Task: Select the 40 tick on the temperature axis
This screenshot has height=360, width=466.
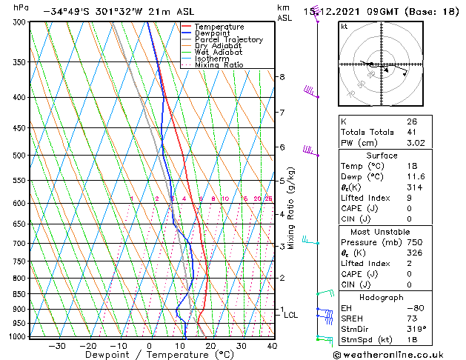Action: tap(272, 346)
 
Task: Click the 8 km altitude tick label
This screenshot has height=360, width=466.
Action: tap(282, 77)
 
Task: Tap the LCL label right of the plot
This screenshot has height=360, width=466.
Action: tap(291, 315)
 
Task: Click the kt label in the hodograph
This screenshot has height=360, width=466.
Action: tap(344, 27)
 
